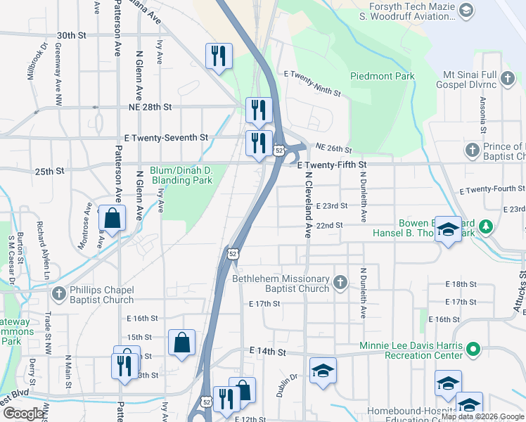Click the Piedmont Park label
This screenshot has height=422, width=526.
click(x=378, y=77)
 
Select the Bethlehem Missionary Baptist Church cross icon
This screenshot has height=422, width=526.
click(x=340, y=283)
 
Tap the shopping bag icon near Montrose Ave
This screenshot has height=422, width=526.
click(x=112, y=220)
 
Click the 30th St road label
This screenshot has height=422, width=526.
click(x=71, y=35)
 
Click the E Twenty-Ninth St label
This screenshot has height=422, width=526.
click(x=312, y=83)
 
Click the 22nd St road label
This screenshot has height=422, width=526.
click(x=329, y=225)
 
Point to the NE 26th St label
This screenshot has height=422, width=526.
click(x=333, y=149)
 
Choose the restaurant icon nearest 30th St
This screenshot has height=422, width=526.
click(x=219, y=55)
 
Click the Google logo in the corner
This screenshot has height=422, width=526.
click(x=23, y=413)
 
